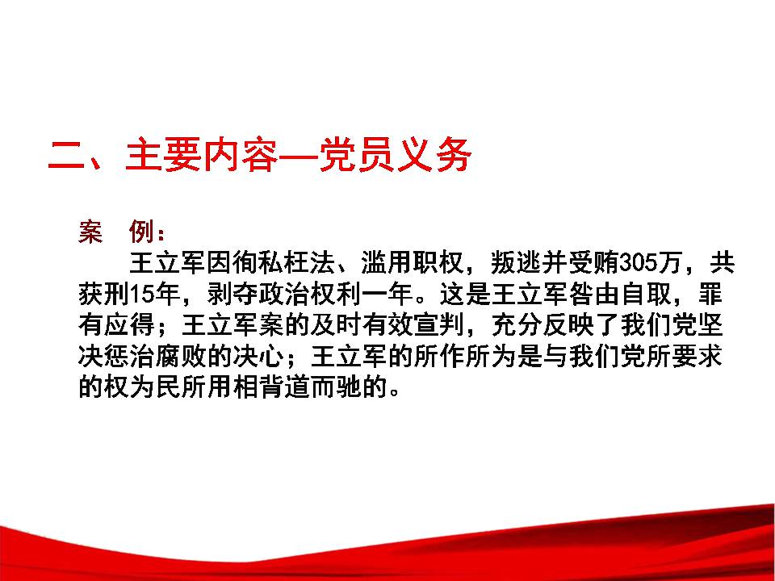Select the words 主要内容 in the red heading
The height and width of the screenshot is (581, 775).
[x=202, y=155]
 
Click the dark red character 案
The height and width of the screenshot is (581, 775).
[x=91, y=231]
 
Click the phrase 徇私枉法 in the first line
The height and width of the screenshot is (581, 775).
[x=283, y=263]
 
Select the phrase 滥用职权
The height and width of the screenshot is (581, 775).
[x=413, y=263]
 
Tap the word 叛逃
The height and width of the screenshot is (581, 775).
[x=516, y=263]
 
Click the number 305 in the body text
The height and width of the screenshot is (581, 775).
[x=638, y=263]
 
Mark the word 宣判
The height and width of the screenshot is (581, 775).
[x=438, y=325]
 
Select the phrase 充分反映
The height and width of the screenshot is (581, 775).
[x=542, y=325]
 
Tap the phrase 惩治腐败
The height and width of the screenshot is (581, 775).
[x=155, y=357]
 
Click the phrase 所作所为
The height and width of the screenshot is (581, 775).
[x=465, y=357]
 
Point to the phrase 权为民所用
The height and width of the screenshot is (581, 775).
[x=168, y=387]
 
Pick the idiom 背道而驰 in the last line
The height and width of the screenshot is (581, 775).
[x=309, y=387]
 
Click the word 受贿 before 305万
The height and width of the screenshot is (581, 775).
[x=593, y=263]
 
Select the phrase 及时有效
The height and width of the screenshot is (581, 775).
[x=361, y=325]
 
